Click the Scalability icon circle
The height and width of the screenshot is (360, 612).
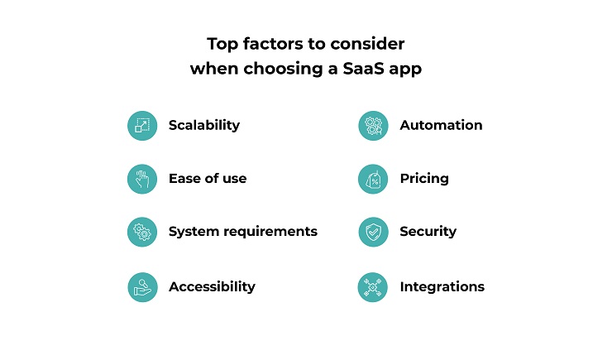pyautogui.click(x=142, y=126)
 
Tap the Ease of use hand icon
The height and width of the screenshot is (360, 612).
pyautogui.click(x=142, y=179)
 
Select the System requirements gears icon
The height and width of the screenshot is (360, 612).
pyautogui.click(x=142, y=232)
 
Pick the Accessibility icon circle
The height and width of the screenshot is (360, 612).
pyautogui.click(x=142, y=287)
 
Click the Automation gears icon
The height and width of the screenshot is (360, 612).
pyautogui.click(x=373, y=126)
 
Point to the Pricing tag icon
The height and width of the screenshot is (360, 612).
pyautogui.click(x=373, y=180)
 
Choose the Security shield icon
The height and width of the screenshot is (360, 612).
pyautogui.click(x=373, y=232)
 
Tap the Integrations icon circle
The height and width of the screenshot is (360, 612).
pyautogui.click(x=373, y=287)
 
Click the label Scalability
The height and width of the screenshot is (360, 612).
pyautogui.click(x=204, y=126)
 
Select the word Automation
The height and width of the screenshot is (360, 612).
pyautogui.click(x=441, y=125)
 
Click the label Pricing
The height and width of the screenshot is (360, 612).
pyautogui.click(x=424, y=179)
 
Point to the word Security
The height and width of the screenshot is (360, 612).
pyautogui.click(x=428, y=232)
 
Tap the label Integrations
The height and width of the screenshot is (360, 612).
pyautogui.click(x=442, y=287)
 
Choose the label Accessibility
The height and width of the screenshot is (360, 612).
pyautogui.click(x=212, y=286)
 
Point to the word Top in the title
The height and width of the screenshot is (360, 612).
pyautogui.click(x=222, y=44)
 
